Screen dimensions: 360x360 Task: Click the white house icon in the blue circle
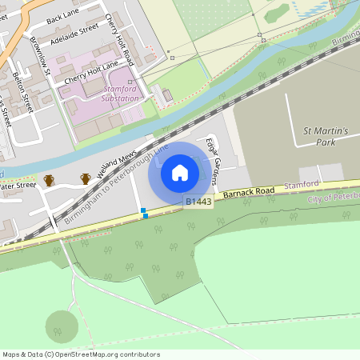point(179,173)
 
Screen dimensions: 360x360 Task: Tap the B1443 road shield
point(198,202)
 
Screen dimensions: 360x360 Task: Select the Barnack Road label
point(249,193)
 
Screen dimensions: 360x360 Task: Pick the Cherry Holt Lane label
point(91,70)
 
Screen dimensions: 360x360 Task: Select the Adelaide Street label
point(74,33)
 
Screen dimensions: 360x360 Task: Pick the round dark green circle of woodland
point(62,326)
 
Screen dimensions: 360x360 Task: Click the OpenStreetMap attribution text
point(81,354)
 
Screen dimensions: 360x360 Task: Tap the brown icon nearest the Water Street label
point(49,180)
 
